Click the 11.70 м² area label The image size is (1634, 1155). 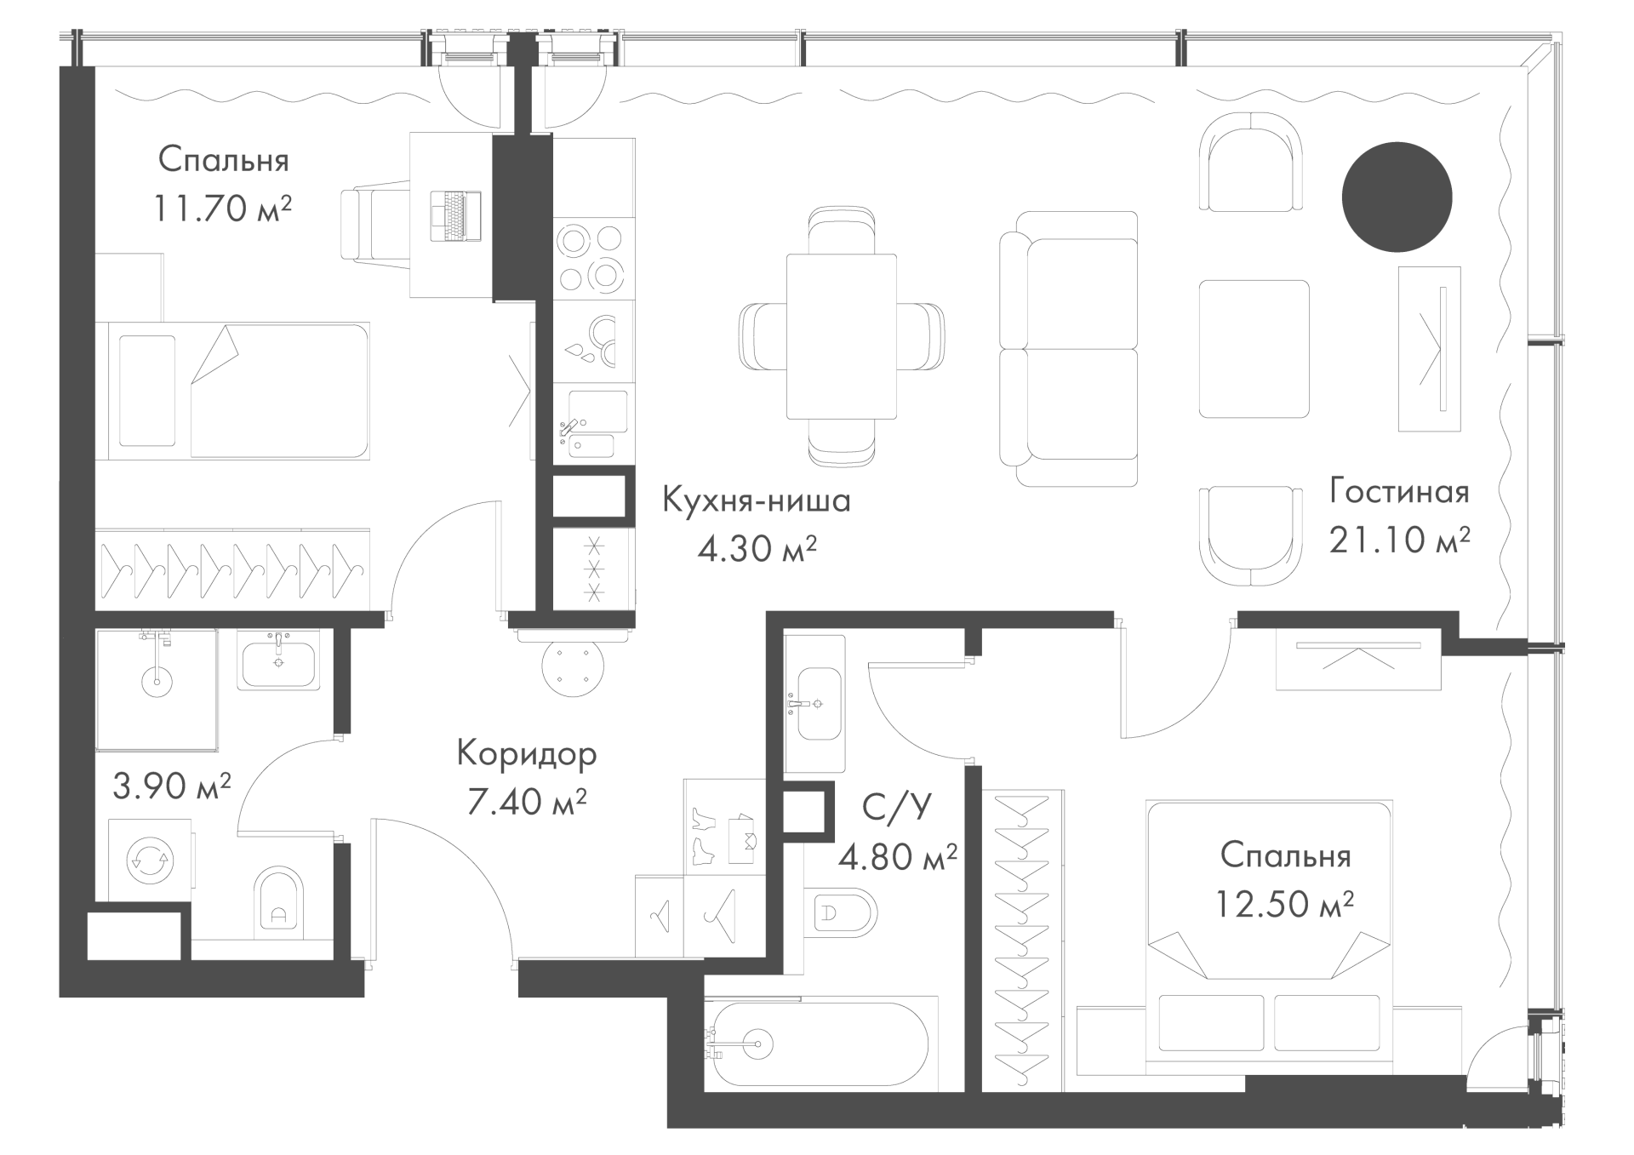click(x=222, y=208)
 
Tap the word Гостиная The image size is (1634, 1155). click(x=1400, y=492)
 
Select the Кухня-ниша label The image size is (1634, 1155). click(x=757, y=500)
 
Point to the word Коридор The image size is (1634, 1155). click(x=527, y=754)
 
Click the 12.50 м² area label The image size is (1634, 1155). click(x=1283, y=903)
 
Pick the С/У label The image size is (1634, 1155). click(x=897, y=806)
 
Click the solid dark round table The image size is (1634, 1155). click(x=1397, y=197)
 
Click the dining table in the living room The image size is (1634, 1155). click(x=841, y=336)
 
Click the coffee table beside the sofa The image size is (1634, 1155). click(x=1254, y=349)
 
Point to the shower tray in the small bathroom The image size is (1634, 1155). click(x=156, y=690)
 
